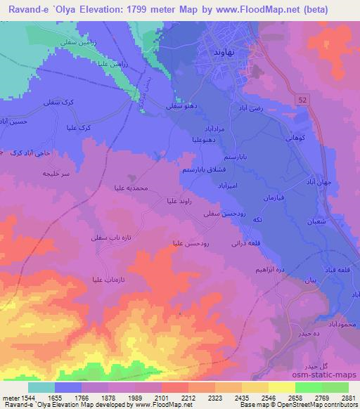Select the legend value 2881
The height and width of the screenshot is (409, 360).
point(347,396)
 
